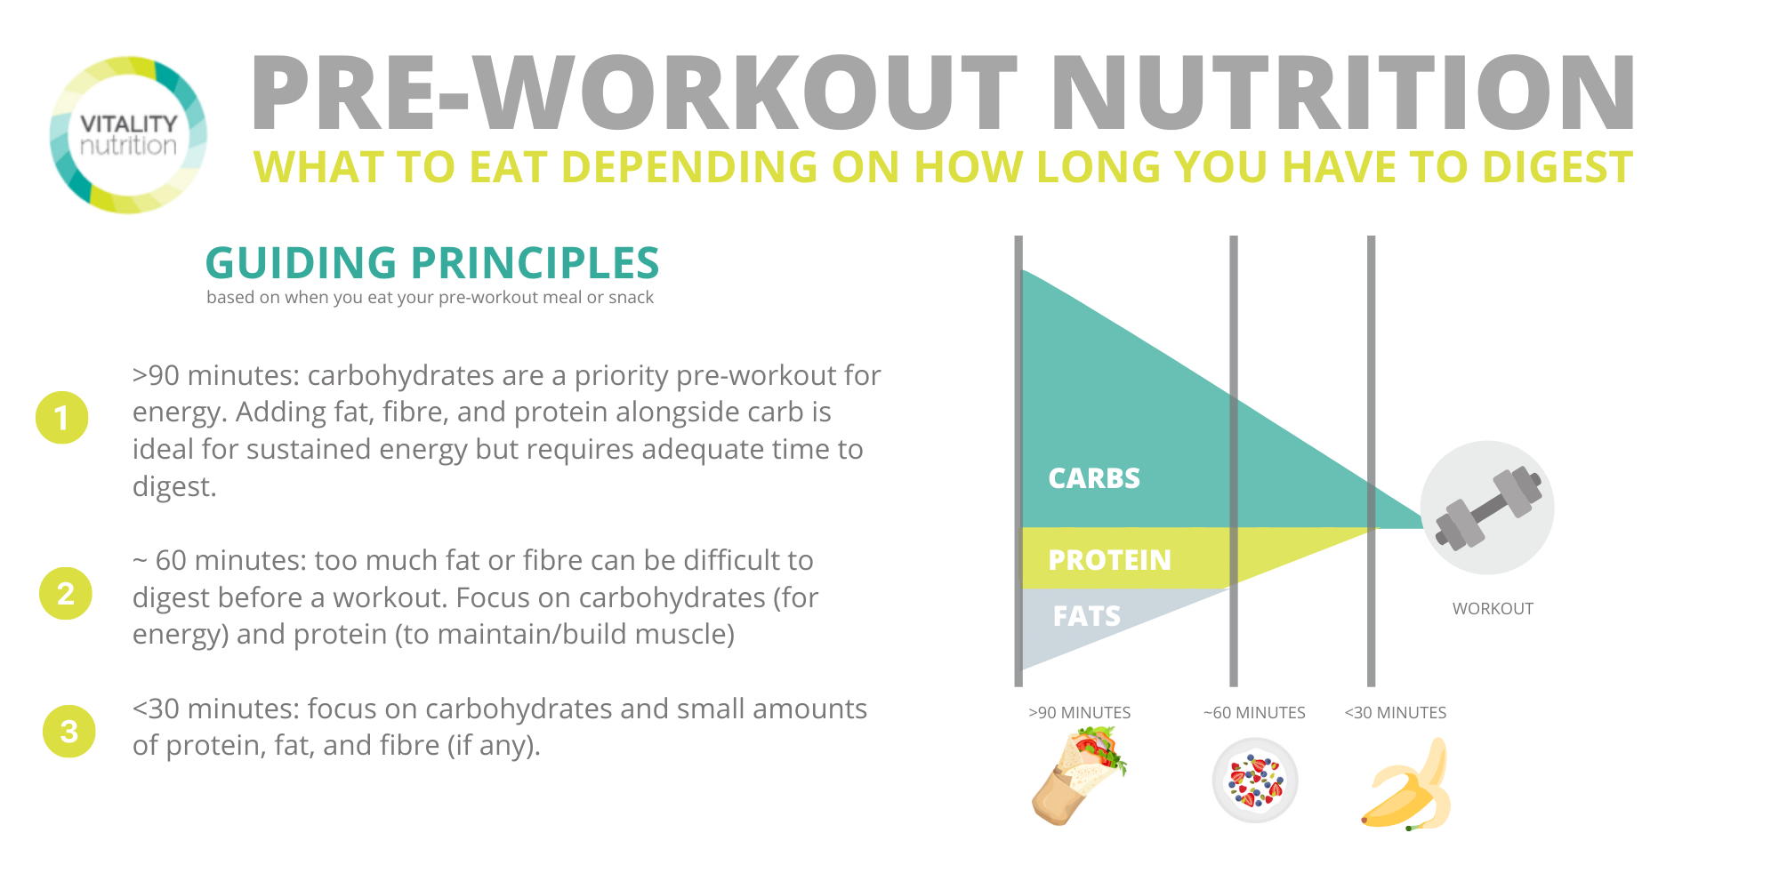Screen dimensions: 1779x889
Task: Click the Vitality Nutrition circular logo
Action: (x=128, y=135)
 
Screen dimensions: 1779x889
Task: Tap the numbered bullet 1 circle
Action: (x=62, y=417)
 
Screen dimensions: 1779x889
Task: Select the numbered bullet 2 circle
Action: (x=66, y=593)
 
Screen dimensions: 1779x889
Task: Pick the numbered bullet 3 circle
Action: (x=69, y=731)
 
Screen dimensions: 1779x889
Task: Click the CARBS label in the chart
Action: (x=1094, y=478)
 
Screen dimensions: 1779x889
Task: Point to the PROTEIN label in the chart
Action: (x=1109, y=560)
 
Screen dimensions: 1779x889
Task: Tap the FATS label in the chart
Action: (x=1086, y=616)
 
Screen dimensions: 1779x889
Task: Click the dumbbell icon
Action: (x=1488, y=508)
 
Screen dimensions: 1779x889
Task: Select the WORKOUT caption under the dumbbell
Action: (x=1493, y=609)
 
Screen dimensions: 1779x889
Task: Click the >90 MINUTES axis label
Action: (x=1079, y=713)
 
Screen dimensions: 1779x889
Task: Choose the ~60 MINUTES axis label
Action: (x=1254, y=713)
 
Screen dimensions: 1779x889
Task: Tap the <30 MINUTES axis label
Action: (x=1395, y=713)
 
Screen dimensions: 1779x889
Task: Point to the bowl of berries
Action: (x=1255, y=781)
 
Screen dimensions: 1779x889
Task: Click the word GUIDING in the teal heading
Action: (x=301, y=263)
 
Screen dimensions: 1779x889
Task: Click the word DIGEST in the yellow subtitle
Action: (x=1546, y=167)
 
